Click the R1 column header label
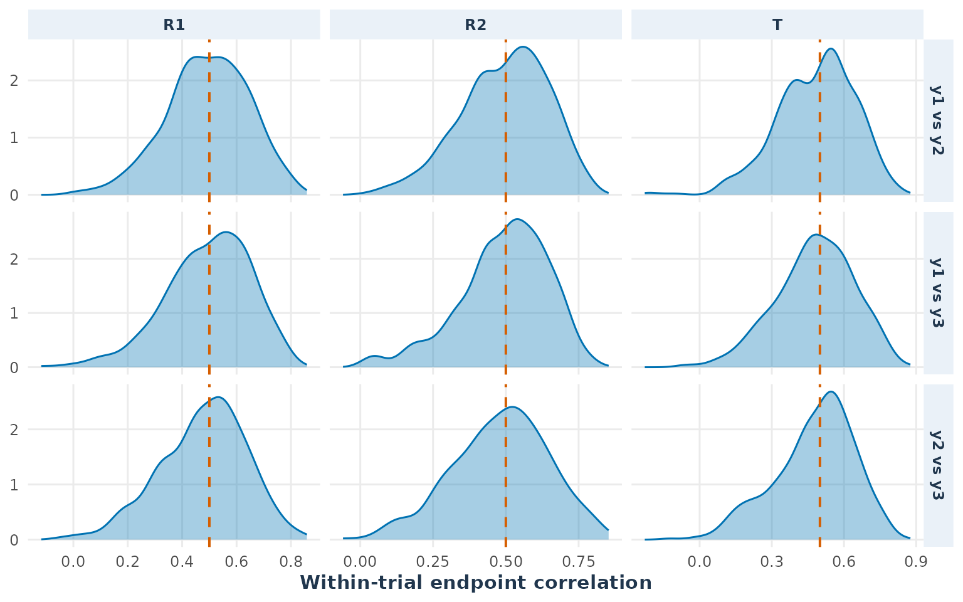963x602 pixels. point(174,25)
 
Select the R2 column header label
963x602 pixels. point(475,25)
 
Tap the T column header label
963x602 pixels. point(777,25)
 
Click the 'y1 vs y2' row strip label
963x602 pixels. point(938,120)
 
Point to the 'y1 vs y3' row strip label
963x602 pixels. point(938,293)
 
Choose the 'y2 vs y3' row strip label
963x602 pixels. point(938,465)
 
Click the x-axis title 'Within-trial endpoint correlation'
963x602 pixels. point(476,583)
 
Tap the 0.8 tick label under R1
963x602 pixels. point(291,562)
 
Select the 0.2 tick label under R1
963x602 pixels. point(128,562)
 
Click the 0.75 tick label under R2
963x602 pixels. point(578,562)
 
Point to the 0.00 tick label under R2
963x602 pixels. point(360,562)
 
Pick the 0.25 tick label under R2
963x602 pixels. point(433,562)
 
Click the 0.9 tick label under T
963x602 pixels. point(916,562)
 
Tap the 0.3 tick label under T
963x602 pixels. point(772,562)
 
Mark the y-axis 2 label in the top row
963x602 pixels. point(14,80)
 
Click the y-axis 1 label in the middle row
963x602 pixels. point(14,313)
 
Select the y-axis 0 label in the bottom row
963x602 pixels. point(14,540)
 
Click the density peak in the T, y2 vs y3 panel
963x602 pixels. point(831,392)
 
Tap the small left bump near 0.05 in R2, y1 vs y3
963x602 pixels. point(374,356)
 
